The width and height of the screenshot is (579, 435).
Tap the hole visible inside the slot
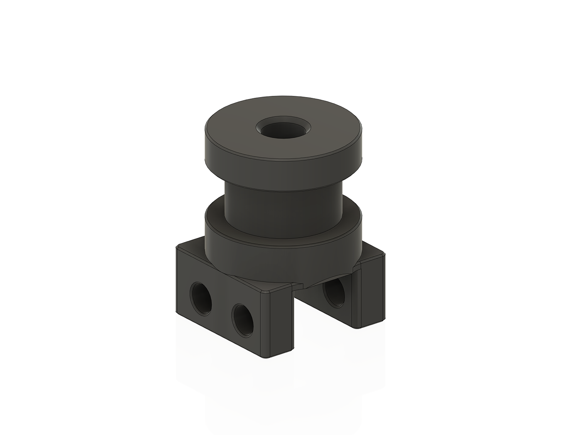[333, 293]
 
